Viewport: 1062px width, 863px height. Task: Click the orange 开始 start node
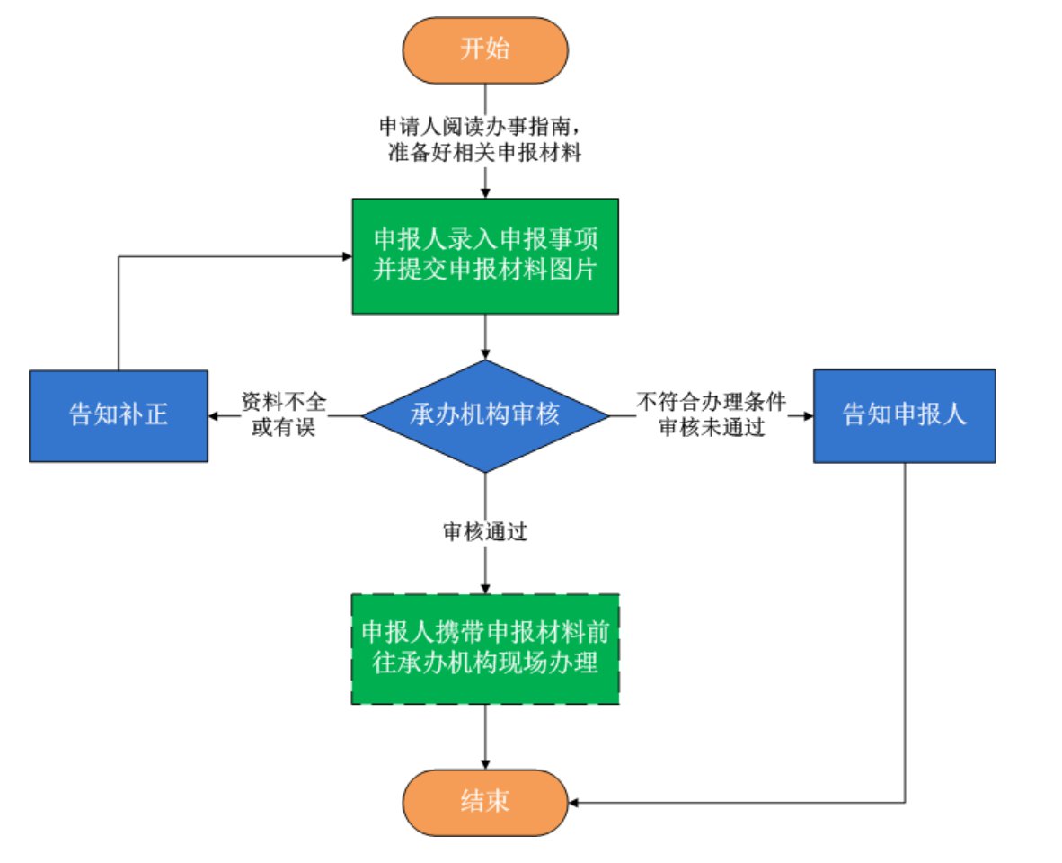coord(485,49)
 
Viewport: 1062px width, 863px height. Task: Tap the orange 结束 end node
coord(485,801)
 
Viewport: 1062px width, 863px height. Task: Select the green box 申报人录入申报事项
coord(485,256)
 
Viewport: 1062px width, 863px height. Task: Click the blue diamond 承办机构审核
coord(485,415)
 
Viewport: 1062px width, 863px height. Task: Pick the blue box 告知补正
coord(119,415)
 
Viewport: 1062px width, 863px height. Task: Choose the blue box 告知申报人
coord(904,415)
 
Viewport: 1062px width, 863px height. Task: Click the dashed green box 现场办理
coord(485,648)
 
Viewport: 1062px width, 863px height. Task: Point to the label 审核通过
coord(484,531)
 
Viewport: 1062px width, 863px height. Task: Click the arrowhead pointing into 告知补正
coord(215,416)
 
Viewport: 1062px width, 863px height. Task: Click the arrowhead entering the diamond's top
coord(485,354)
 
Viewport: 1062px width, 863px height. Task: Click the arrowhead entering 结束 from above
coord(485,763)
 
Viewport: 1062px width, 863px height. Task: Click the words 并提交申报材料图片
coord(485,271)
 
